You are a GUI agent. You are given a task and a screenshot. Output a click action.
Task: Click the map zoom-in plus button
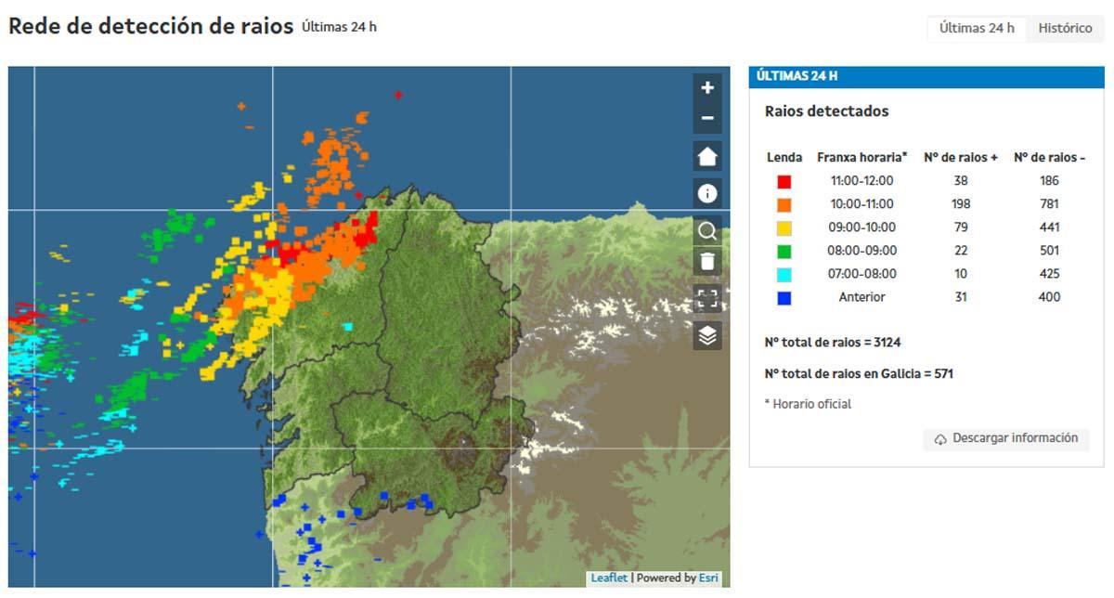[707, 88]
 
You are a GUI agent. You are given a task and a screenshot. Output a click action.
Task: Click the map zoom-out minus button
[707, 118]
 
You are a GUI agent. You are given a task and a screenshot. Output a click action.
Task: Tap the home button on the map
[707, 156]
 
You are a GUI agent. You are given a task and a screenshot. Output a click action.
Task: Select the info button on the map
[707, 193]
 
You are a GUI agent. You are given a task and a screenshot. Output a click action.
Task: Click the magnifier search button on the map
[707, 230]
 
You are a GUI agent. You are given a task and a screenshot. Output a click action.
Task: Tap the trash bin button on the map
[707, 261]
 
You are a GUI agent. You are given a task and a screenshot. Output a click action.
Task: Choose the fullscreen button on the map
[707, 298]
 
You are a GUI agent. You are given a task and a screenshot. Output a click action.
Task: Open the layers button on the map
[707, 335]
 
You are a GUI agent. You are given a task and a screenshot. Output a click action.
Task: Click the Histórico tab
[1065, 28]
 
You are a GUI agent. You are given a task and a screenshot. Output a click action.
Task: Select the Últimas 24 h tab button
[977, 28]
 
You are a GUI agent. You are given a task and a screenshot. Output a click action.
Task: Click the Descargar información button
[1006, 438]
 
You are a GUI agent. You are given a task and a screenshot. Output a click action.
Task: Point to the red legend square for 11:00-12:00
[784, 181]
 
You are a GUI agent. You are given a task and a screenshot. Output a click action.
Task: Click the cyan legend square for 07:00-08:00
[784, 274]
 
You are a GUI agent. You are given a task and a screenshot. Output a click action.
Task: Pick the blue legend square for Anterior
[784, 297]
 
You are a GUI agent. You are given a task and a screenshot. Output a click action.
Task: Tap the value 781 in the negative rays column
[1050, 204]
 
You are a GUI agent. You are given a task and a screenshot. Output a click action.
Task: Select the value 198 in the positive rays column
[961, 204]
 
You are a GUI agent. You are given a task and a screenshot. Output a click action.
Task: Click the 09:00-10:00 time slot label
[861, 227]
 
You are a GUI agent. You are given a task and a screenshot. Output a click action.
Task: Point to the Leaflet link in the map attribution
[609, 578]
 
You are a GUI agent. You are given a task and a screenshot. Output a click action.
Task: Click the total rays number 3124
[886, 343]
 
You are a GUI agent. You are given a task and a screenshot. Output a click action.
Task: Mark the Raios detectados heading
[826, 111]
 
